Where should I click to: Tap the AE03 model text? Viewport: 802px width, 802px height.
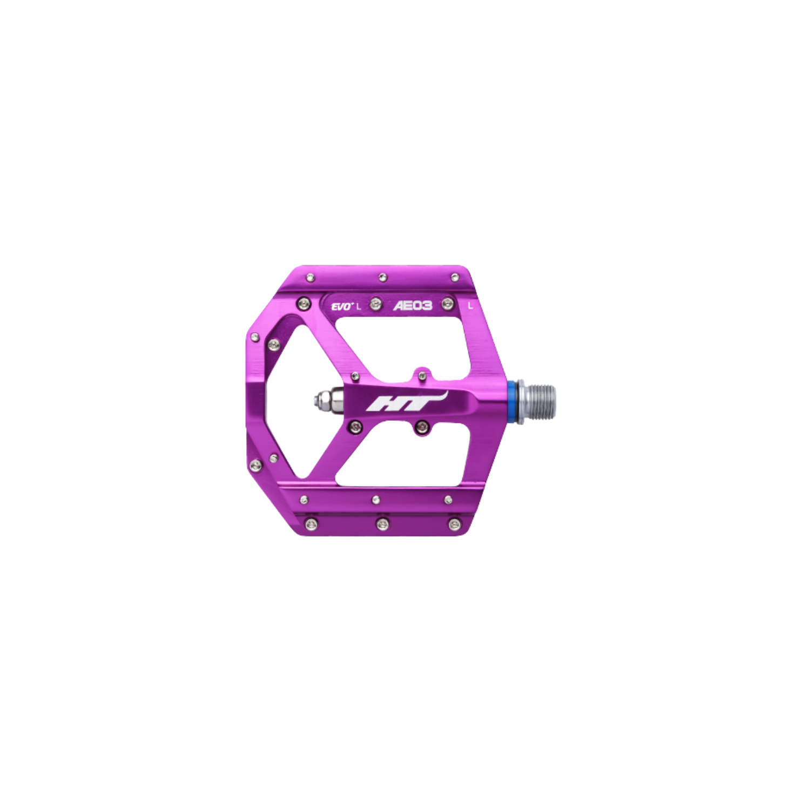coord(412,306)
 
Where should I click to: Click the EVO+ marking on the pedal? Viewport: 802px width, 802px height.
coord(341,306)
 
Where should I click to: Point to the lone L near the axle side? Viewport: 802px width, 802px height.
coord(470,306)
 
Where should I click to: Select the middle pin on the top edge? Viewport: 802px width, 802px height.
coord(382,277)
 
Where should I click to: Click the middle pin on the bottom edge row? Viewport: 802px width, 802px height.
coord(382,523)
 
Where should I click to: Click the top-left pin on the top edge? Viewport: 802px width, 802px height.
coord(311,278)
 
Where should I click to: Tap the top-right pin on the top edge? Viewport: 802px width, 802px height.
coord(453,277)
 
